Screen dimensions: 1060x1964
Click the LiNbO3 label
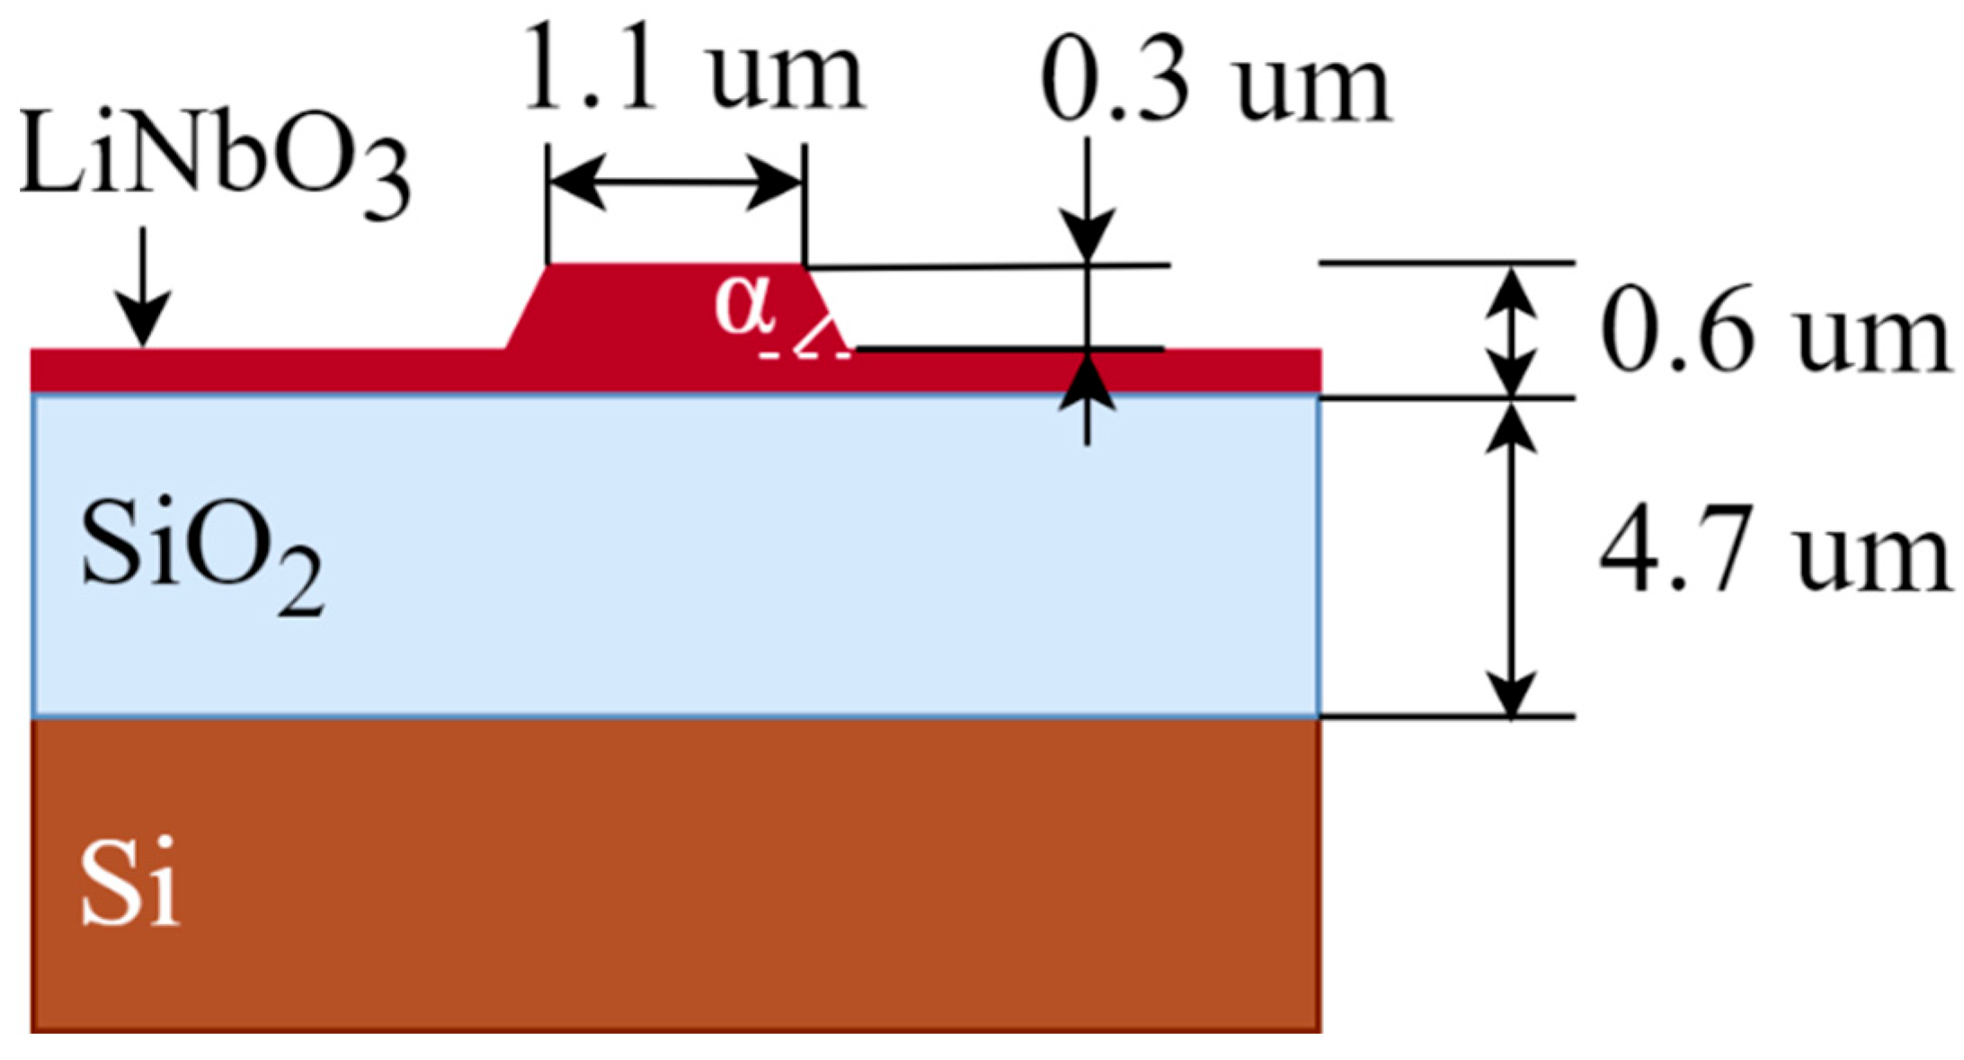214,162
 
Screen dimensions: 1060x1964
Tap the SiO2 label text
201,557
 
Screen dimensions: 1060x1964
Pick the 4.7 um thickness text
1775,550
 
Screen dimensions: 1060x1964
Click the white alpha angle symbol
744,304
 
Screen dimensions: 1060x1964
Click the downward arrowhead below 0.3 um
1087,236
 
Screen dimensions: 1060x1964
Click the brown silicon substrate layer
674,872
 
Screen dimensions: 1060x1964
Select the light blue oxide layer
674,557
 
